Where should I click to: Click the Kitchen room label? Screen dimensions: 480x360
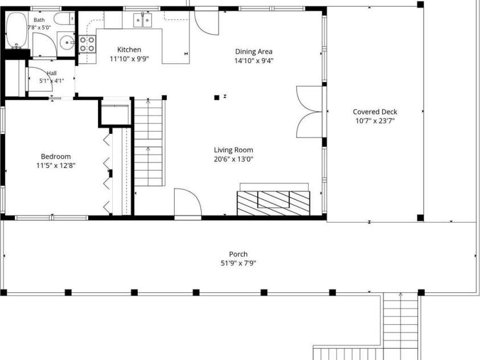pyautogui.click(x=129, y=50)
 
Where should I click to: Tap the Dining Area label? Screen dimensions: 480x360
pyautogui.click(x=254, y=51)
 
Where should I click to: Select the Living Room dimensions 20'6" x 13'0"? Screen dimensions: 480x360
pyautogui.click(x=233, y=159)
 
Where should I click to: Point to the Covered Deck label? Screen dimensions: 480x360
pyautogui.click(x=375, y=112)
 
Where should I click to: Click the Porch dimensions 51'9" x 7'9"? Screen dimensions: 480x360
pyautogui.click(x=239, y=263)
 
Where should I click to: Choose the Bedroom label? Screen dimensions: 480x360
pyautogui.click(x=56, y=157)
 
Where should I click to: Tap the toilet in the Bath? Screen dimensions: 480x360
pyautogui.click(x=64, y=18)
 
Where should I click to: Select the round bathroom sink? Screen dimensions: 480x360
pyautogui.click(x=67, y=43)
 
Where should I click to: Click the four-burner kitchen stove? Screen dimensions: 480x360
pyautogui.click(x=87, y=44)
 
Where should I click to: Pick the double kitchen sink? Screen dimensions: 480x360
pyautogui.click(x=143, y=20)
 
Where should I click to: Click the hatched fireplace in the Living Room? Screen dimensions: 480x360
pyautogui.click(x=273, y=203)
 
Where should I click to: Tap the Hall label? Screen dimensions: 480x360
pyautogui.click(x=52, y=73)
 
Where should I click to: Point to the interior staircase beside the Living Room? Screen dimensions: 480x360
pyautogui.click(x=148, y=142)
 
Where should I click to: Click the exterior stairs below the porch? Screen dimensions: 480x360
pyautogui.click(x=401, y=325)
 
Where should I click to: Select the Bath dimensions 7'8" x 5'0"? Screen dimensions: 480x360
pyautogui.click(x=39, y=27)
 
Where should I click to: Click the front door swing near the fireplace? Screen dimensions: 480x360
pyautogui.click(x=188, y=202)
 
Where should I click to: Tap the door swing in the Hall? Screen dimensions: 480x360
pyautogui.click(x=40, y=79)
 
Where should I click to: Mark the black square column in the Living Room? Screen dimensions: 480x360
pyautogui.click(x=217, y=97)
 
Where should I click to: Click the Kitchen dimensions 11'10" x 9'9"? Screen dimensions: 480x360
pyautogui.click(x=129, y=59)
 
